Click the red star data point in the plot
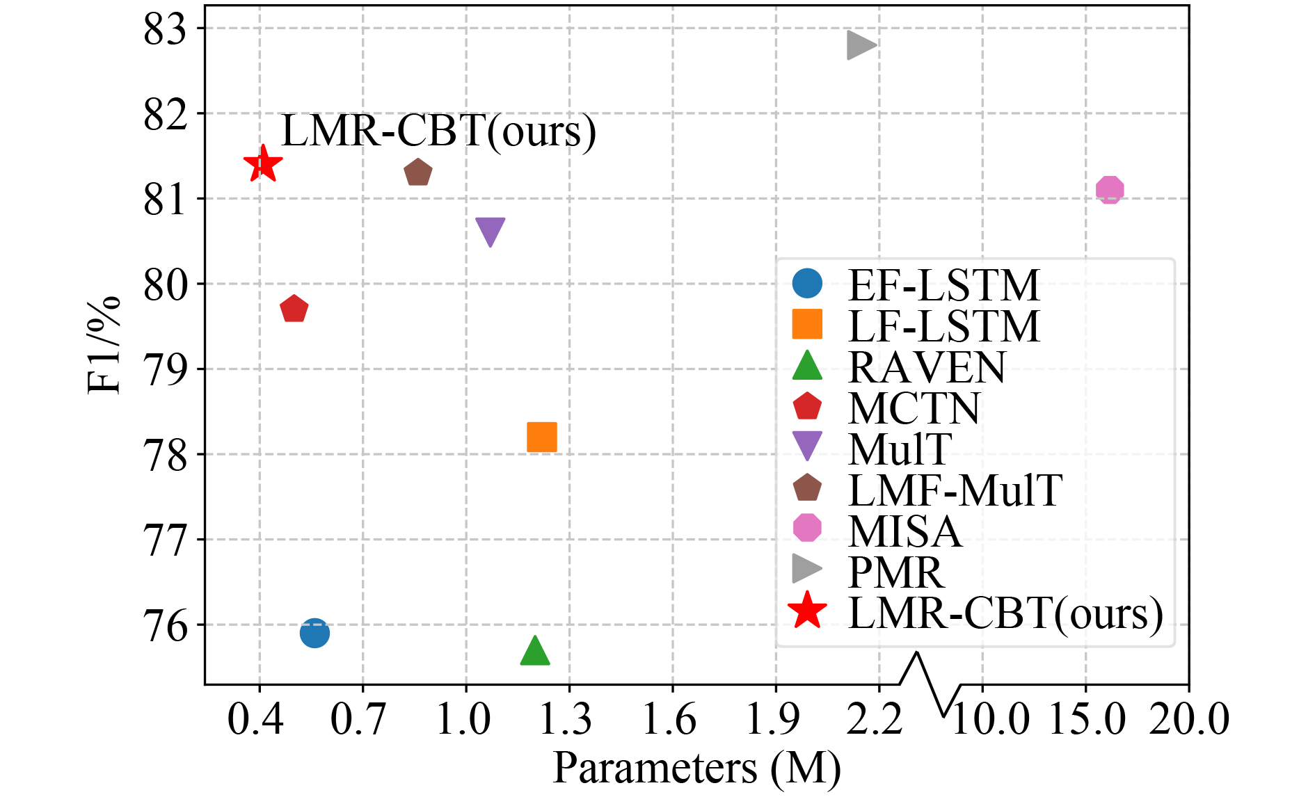[x=263, y=165]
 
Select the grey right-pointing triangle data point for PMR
[x=860, y=46]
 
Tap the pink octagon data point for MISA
[x=1110, y=189]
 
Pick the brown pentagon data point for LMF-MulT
[x=417, y=172]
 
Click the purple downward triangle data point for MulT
[x=490, y=230]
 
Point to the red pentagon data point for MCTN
[x=294, y=309]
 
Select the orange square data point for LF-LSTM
[x=541, y=437]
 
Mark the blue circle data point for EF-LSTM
[x=314, y=633]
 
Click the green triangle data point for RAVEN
[x=534, y=652]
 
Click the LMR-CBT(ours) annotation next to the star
[x=438, y=131]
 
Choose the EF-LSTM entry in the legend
[x=943, y=285]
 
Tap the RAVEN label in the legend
[x=926, y=367]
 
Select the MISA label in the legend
[x=904, y=531]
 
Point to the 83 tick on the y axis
[x=165, y=30]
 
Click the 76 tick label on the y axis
[x=165, y=626]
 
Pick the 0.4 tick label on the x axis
[x=255, y=719]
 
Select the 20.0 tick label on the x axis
[x=1188, y=719]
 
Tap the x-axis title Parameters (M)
[x=696, y=769]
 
